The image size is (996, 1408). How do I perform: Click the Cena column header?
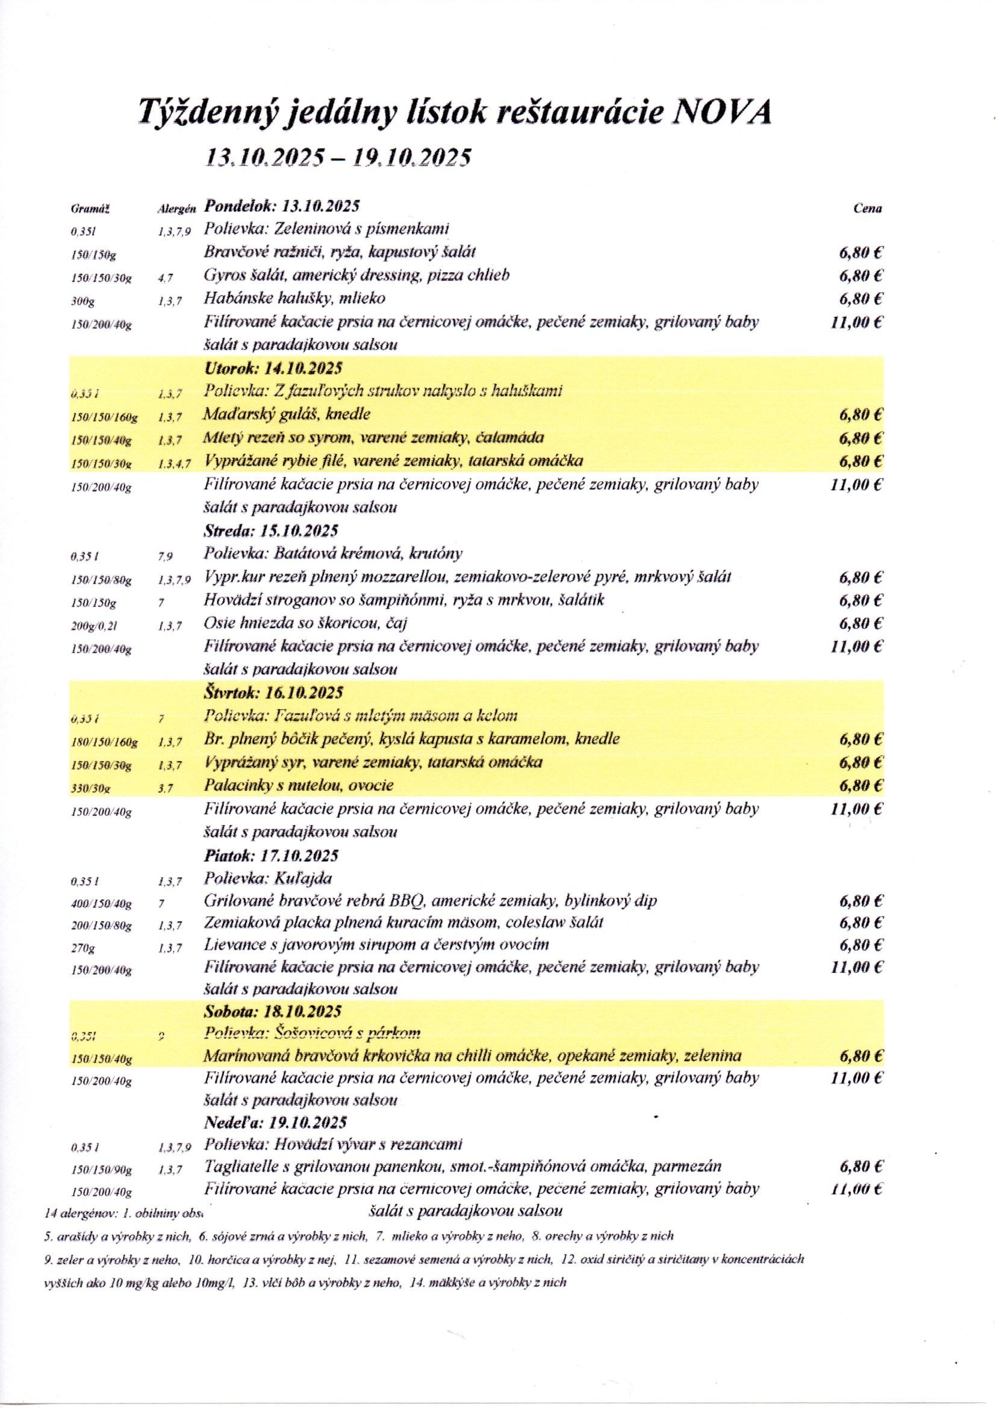pyautogui.click(x=867, y=208)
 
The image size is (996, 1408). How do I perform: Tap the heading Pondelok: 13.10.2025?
pyautogui.click(x=281, y=205)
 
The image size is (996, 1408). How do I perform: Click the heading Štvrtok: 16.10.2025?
pyautogui.click(x=273, y=693)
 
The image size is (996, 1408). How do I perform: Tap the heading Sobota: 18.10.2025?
pyautogui.click(x=272, y=1011)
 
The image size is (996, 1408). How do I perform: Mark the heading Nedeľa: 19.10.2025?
pyautogui.click(x=275, y=1121)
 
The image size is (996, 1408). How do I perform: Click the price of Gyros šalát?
pyautogui.click(x=861, y=276)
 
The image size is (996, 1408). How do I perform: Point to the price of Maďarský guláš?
pyautogui.click(x=861, y=414)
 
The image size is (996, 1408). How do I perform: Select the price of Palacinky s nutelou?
pyautogui.click(x=861, y=785)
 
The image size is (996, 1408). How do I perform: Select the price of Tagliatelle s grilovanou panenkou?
pyautogui.click(x=861, y=1167)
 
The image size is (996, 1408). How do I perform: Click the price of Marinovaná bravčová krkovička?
pyautogui.click(x=861, y=1056)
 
